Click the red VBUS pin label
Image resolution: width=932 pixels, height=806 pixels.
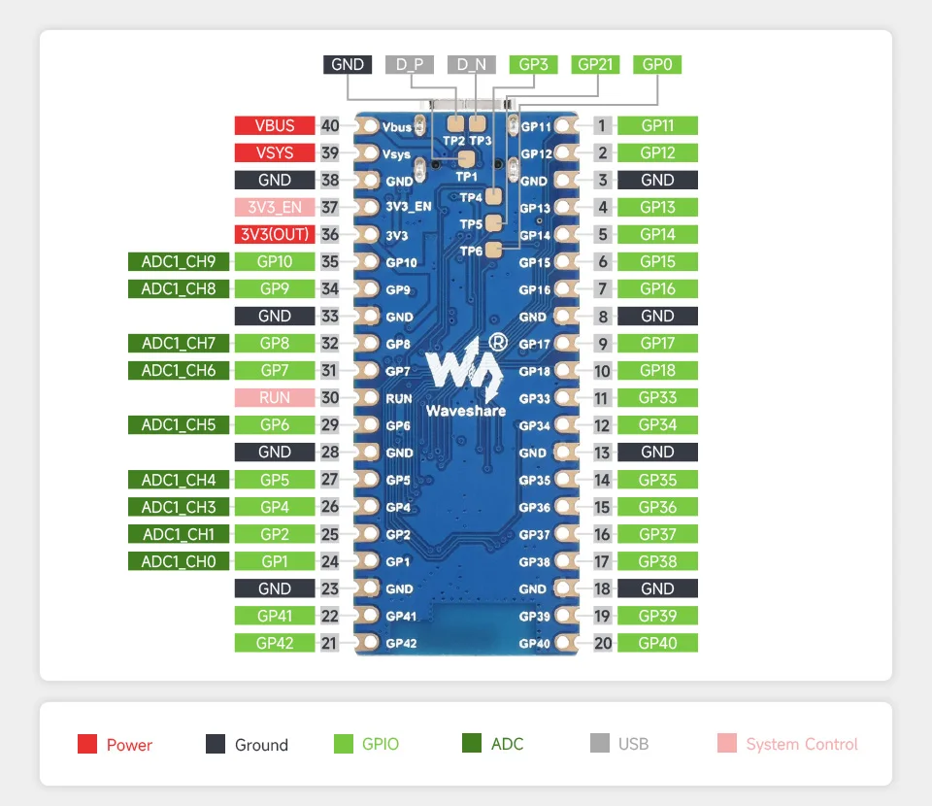point(275,125)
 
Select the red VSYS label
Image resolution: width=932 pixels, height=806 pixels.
point(275,152)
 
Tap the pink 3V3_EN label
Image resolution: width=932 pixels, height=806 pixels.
point(275,207)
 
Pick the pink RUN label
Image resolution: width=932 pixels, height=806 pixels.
point(275,397)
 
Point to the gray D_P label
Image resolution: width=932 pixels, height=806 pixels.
point(410,65)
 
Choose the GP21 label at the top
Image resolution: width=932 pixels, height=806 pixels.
point(595,65)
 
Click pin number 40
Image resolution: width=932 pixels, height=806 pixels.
point(330,125)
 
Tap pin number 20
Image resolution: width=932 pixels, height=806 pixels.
point(603,643)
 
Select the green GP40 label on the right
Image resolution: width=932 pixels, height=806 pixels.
point(657,643)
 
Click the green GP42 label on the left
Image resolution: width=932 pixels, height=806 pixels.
point(275,643)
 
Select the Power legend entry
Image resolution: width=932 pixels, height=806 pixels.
point(116,745)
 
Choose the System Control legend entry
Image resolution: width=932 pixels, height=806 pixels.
point(787,745)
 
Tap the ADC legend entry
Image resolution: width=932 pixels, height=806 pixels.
point(493,745)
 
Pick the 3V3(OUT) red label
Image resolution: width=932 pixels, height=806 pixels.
point(275,234)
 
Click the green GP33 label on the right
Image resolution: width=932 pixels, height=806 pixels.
point(657,397)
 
